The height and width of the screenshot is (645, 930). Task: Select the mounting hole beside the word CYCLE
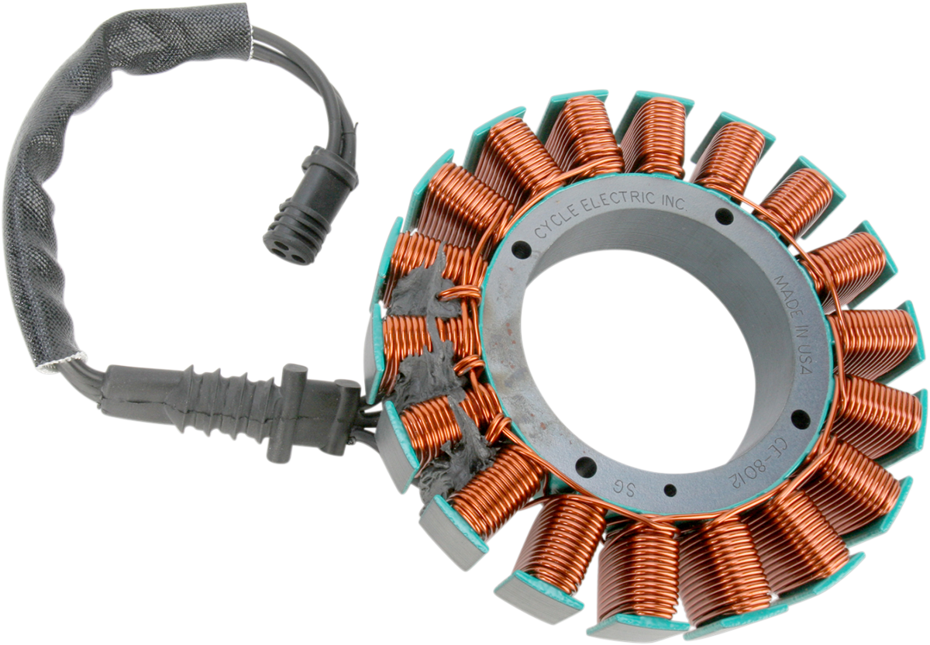pos(521,250)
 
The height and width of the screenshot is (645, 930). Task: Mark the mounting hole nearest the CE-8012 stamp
pos(800,419)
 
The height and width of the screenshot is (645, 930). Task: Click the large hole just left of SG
pos(586,467)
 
